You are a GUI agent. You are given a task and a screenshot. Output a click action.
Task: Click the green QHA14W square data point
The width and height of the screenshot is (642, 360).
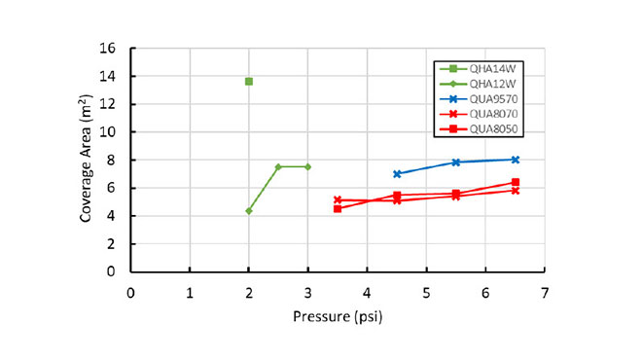[249, 81]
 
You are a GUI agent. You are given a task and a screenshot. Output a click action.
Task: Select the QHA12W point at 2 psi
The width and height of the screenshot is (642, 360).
[249, 211]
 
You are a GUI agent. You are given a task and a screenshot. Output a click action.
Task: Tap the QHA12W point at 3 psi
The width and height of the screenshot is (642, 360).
[308, 166]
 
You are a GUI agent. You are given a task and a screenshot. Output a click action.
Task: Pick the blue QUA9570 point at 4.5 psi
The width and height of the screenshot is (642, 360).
[397, 174]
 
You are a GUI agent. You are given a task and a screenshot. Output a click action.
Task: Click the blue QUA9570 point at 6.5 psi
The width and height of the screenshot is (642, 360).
[516, 160]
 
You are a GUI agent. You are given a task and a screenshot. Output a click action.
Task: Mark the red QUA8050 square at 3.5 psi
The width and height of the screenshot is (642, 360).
[338, 208]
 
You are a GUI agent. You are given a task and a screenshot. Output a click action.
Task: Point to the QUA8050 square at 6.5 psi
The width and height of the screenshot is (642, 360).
[516, 182]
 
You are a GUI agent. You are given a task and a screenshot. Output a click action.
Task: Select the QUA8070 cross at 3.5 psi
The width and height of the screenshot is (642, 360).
[338, 200]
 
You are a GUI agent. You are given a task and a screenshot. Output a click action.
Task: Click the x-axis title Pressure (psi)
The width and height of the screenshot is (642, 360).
[338, 316]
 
